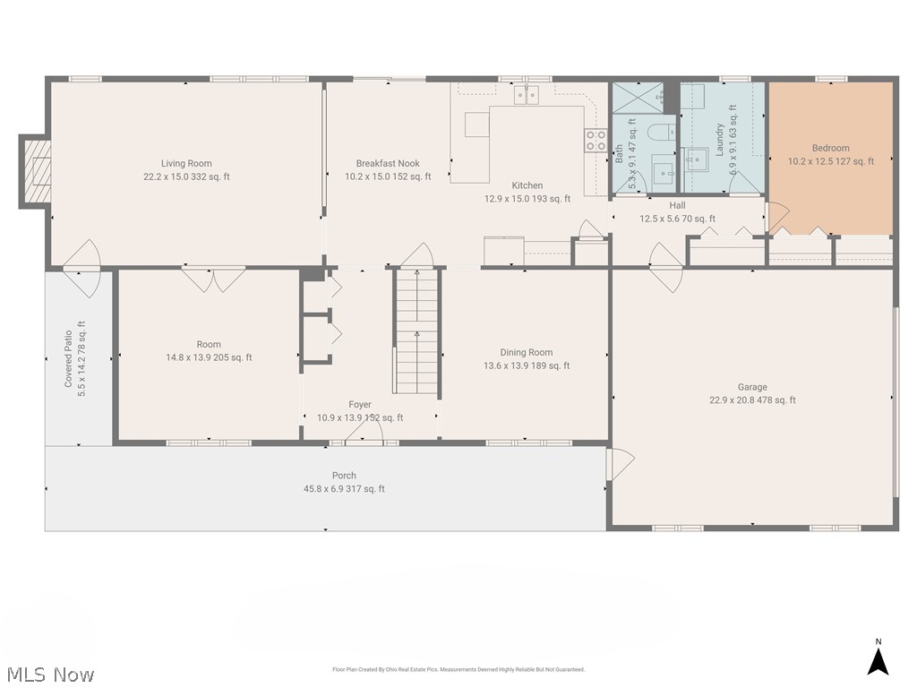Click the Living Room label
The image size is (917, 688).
[x=186, y=164]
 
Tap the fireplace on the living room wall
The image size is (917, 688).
[x=37, y=170]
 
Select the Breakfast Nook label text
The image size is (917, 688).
[x=388, y=164]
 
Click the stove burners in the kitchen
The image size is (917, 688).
[x=596, y=140]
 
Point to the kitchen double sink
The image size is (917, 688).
[x=526, y=94]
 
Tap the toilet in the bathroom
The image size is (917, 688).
[x=661, y=134]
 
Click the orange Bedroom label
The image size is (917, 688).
[x=830, y=149]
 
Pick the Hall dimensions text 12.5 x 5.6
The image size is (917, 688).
[x=677, y=219]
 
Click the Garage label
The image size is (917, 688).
[x=752, y=388]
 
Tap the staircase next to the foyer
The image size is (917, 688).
[x=417, y=331]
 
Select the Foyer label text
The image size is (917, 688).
[x=360, y=405]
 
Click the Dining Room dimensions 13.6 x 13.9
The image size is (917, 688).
[x=526, y=365]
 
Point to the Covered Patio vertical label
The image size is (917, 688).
[x=68, y=358]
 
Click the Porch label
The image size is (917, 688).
[x=344, y=476]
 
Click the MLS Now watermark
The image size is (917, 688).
[x=49, y=674]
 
